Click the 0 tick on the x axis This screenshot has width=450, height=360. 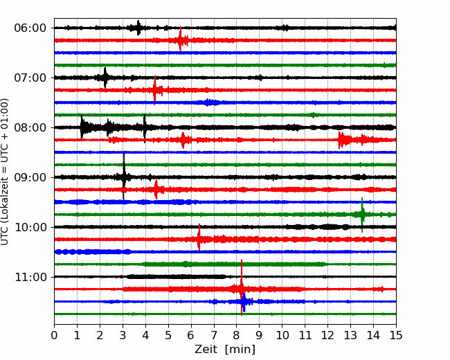tap(55, 336)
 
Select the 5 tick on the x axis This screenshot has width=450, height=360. tap(168, 336)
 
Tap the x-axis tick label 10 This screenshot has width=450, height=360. tap(282, 336)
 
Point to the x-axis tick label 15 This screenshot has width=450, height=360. tap(395, 336)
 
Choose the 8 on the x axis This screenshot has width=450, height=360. tap(237, 336)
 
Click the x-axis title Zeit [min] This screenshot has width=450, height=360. tap(224, 350)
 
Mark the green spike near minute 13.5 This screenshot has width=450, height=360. tap(362, 215)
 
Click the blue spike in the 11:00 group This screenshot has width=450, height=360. tap(244, 302)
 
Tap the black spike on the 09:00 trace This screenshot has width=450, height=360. tap(124, 177)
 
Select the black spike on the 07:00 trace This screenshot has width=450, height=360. tap(105, 78)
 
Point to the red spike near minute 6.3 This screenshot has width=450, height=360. tap(199, 239)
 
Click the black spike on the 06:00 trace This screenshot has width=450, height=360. tap(138, 28)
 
